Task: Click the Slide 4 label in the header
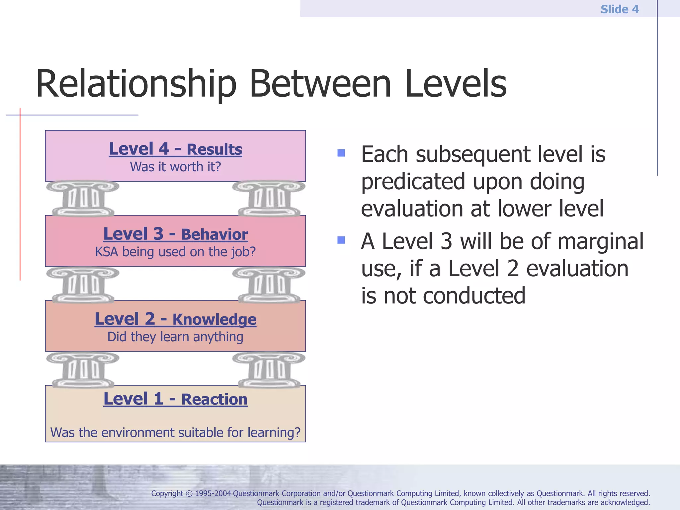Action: click(619, 9)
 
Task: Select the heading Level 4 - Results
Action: click(175, 149)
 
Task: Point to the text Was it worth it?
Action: click(175, 167)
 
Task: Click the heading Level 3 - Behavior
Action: click(175, 234)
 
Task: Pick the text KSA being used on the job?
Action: click(175, 252)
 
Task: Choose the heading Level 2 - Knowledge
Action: click(175, 319)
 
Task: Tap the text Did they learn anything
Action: click(175, 337)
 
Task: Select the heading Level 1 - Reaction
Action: click(175, 399)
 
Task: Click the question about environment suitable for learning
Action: click(175, 433)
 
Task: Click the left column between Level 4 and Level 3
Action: click(83, 199)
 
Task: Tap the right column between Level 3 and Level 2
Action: click(269, 285)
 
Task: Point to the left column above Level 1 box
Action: click(83, 370)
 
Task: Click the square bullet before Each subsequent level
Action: click(341, 153)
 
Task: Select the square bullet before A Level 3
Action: click(341, 240)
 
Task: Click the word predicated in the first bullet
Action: click(413, 182)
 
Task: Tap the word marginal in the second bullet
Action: click(600, 241)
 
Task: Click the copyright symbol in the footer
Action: click(189, 494)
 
